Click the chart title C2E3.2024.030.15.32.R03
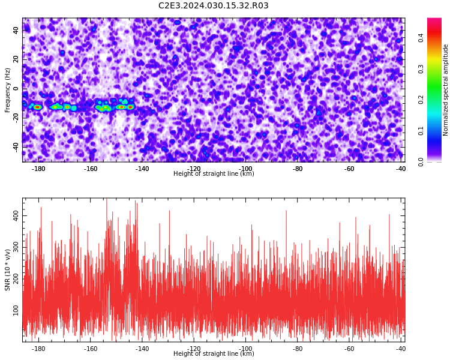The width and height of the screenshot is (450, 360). click(213, 5)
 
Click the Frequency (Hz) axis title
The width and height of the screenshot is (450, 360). click(7, 90)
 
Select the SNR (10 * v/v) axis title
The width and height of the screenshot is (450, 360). click(7, 270)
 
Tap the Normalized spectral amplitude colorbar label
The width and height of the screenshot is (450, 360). click(445, 90)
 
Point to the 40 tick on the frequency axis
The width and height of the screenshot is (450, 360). click(16, 30)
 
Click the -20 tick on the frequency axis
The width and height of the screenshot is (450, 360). click(16, 118)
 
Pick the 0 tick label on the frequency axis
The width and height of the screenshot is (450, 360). click(16, 89)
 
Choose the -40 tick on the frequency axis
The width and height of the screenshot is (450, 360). click(16, 147)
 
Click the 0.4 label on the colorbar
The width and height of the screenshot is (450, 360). click(421, 38)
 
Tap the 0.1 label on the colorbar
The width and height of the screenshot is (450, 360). click(421, 131)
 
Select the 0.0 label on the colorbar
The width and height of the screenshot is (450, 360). click(421, 162)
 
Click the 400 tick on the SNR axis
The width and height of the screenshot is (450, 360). click(16, 215)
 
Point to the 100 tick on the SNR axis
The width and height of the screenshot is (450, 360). click(16, 310)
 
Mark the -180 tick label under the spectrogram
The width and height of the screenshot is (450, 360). click(38, 169)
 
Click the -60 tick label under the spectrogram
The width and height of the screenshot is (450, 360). click(349, 169)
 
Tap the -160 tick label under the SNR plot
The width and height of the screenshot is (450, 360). click(90, 349)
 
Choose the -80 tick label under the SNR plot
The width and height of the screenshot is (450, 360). click(298, 349)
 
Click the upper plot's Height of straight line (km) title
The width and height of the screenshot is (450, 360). click(214, 173)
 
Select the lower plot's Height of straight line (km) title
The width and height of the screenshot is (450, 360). click(214, 353)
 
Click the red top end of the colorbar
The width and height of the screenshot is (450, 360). click(434, 19)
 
